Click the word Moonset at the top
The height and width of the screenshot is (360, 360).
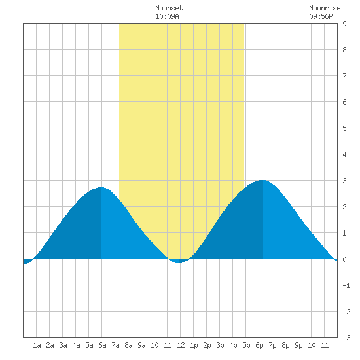coord(169,8)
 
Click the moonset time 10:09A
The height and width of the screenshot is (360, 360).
coord(167,16)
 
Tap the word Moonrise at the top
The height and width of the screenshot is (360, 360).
coord(325,8)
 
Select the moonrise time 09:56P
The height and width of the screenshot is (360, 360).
coord(321,16)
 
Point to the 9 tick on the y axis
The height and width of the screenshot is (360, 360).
coord(344,24)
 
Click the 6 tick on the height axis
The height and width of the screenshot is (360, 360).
coord(344,102)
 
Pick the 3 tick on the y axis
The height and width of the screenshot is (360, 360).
coord(344,181)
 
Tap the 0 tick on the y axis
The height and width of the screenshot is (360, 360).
coord(344,259)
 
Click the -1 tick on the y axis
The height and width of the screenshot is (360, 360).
coord(346,285)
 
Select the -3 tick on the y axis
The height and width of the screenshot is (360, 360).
coord(346,338)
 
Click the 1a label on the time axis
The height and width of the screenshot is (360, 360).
coord(37,345)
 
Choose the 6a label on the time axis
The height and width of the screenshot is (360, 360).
coord(102,345)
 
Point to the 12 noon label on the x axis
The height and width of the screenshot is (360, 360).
coord(181,345)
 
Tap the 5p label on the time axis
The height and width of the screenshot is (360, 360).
coord(246,345)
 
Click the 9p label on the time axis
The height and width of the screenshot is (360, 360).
coord(298,345)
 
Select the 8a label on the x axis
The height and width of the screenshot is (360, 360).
coord(128,345)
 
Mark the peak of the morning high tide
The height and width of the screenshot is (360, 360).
coord(101,188)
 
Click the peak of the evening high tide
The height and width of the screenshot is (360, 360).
coord(262,181)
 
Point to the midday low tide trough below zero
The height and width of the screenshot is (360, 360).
coord(179,262)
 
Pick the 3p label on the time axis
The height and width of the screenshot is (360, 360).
coord(220,345)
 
